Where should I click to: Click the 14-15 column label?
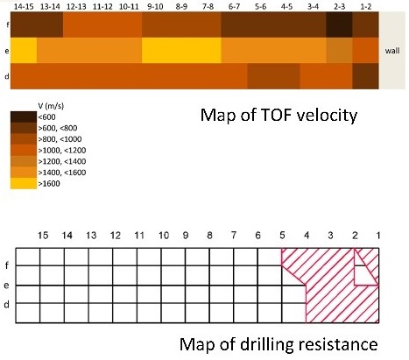(x=24, y=6)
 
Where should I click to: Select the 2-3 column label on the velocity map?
(x=339, y=6)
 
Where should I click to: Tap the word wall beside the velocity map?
(x=392, y=51)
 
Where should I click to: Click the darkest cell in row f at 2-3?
(x=339, y=25)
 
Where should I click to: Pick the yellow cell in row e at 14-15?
(x=24, y=50)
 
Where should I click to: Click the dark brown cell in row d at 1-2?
(x=365, y=76)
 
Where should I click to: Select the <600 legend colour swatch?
(x=24, y=116)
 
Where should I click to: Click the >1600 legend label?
(x=49, y=184)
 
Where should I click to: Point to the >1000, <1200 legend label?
(x=62, y=151)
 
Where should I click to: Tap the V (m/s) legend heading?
(x=51, y=106)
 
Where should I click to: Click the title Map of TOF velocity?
(x=279, y=115)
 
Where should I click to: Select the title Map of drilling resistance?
(x=279, y=344)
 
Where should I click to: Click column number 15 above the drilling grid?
(x=43, y=236)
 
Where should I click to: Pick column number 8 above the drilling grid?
(x=209, y=236)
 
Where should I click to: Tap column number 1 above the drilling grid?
(x=378, y=236)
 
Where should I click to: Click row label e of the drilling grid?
(x=6, y=286)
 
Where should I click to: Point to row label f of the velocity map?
(x=7, y=25)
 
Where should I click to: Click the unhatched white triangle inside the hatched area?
(x=361, y=273)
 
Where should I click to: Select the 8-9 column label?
(x=181, y=6)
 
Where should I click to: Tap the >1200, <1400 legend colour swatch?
(x=24, y=161)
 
